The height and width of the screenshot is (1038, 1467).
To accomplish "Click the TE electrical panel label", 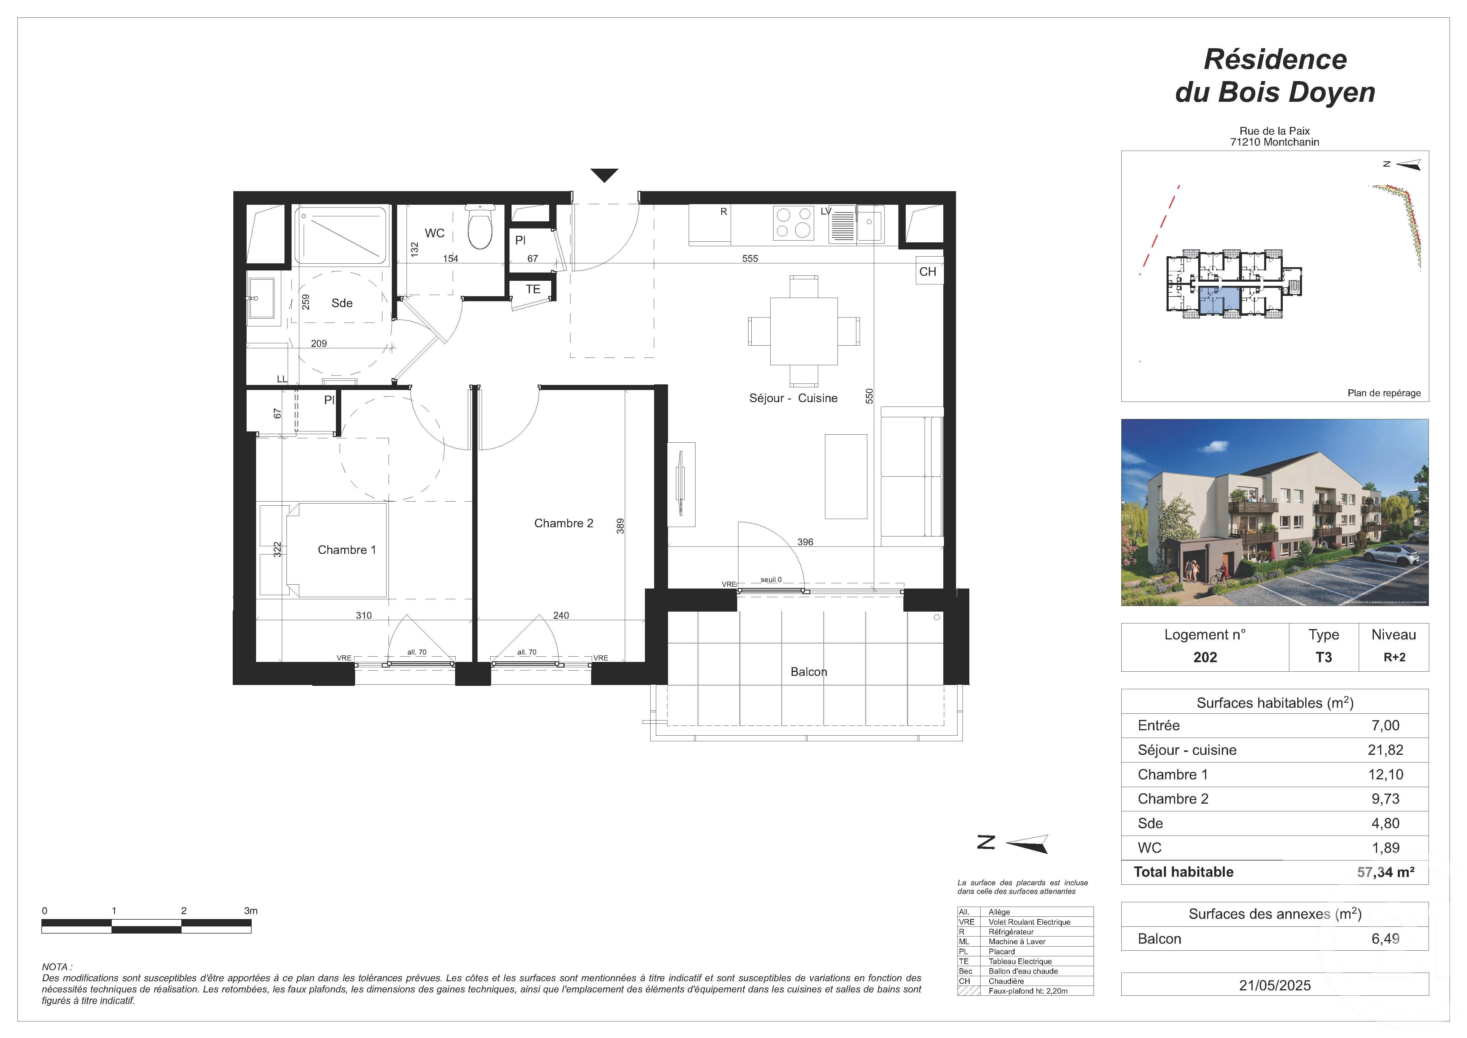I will pyautogui.click(x=533, y=289).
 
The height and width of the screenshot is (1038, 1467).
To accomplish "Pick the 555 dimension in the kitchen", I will pyautogui.click(x=750, y=258).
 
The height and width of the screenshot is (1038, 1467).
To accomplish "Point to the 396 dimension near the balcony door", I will pyautogui.click(x=805, y=542).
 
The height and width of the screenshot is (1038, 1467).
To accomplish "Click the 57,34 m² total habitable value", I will pyautogui.click(x=1385, y=873).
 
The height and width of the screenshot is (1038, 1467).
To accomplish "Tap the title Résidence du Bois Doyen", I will pyautogui.click(x=1275, y=75).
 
